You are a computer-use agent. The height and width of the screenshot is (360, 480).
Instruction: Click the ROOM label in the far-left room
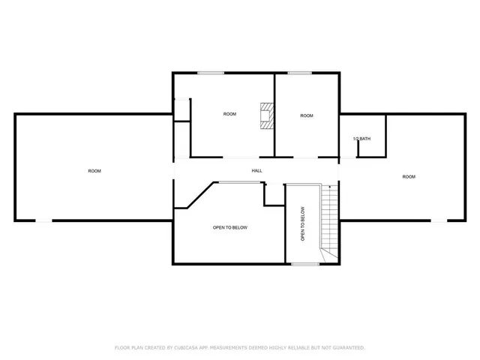point(94,171)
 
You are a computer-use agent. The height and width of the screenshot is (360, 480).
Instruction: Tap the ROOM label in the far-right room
point(409,177)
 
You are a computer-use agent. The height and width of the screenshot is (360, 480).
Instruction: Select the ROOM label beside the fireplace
point(229,114)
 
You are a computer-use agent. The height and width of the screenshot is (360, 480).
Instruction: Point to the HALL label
point(256,171)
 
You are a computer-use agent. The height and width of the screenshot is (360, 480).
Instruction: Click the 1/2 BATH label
point(361,139)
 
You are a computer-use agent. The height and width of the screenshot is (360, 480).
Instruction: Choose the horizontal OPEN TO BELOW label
point(230,227)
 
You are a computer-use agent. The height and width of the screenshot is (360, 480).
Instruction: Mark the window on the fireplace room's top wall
point(211,73)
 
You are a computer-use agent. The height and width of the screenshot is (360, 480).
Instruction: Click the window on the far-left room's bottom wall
point(45,220)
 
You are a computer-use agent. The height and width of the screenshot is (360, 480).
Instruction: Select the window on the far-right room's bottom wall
point(436,220)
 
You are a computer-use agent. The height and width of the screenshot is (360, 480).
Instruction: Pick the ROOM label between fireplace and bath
point(307,115)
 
